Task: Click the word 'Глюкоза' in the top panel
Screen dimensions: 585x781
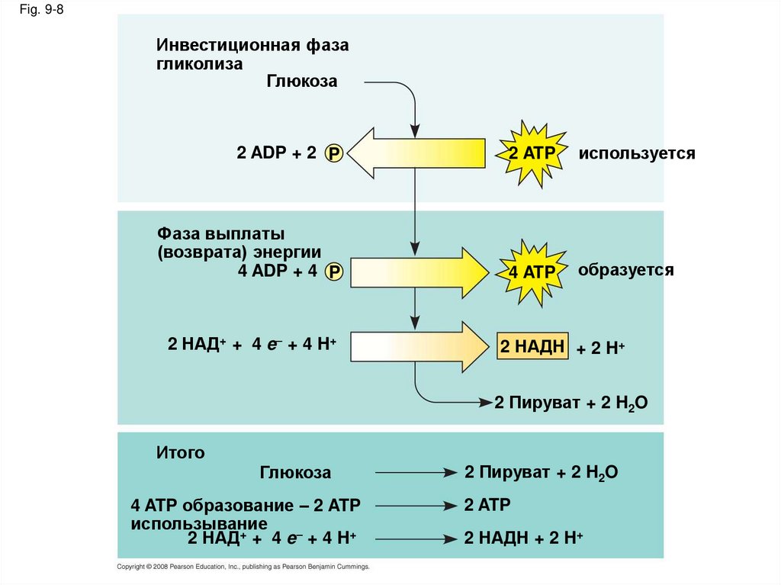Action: (x=301, y=81)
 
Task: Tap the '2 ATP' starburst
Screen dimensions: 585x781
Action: (x=532, y=153)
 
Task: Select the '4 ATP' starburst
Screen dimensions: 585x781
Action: (x=532, y=272)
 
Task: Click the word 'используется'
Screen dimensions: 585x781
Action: (x=636, y=153)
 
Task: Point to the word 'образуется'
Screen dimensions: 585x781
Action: (x=625, y=270)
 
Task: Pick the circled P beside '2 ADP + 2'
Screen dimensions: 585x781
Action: (x=334, y=154)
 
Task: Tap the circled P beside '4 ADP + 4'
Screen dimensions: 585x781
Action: (x=334, y=272)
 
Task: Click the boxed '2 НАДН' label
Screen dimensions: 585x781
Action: (x=532, y=347)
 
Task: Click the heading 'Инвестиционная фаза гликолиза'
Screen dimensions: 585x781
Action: (x=252, y=54)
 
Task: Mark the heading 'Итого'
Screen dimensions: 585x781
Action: (x=181, y=453)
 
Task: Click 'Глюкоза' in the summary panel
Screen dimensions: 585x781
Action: (x=295, y=473)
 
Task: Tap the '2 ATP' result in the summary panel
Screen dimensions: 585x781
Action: (x=487, y=504)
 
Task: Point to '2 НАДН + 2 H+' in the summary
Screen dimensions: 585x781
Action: (x=523, y=538)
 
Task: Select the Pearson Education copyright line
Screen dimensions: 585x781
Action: (x=243, y=567)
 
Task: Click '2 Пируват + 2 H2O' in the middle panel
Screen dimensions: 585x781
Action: (x=570, y=403)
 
